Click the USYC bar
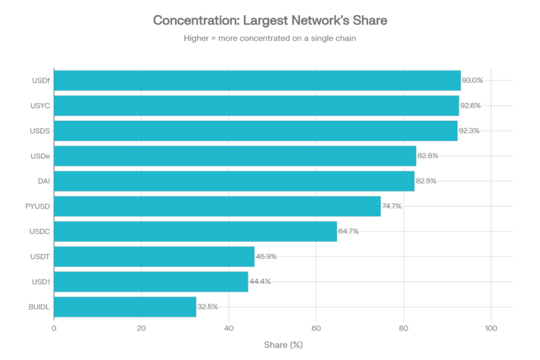(x=256, y=106)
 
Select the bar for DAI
(x=234, y=181)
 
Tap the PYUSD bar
(x=217, y=206)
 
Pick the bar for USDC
(x=195, y=231)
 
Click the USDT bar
(x=154, y=256)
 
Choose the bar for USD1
(x=151, y=282)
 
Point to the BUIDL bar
(x=125, y=307)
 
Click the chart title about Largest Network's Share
(x=270, y=21)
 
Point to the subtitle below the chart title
(x=270, y=39)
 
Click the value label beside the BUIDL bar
(x=207, y=307)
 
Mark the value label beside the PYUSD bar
(x=392, y=206)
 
